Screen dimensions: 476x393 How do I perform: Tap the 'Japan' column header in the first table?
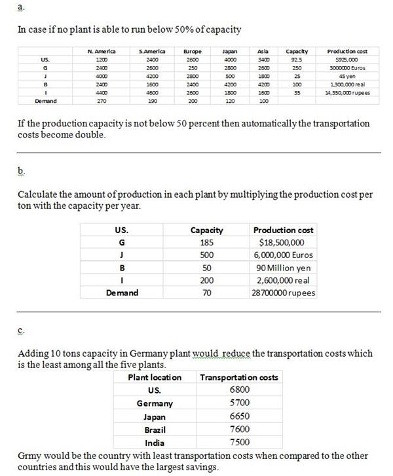pyautogui.click(x=229, y=50)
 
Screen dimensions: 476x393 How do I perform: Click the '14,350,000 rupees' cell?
pyautogui.click(x=347, y=92)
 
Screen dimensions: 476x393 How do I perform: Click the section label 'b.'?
pyautogui.click(x=22, y=172)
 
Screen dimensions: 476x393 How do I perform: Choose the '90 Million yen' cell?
pyautogui.click(x=283, y=267)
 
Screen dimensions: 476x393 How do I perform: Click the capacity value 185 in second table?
pyautogui.click(x=206, y=242)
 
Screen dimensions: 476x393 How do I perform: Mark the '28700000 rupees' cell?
pyautogui.click(x=284, y=293)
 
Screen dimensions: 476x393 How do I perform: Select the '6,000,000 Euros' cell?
pyautogui.click(x=283, y=255)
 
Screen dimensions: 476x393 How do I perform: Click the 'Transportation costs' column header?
pyautogui.click(x=238, y=377)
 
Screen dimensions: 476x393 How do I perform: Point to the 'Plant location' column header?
pyautogui.click(x=155, y=377)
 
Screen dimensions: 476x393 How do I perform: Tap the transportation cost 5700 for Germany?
pyautogui.click(x=240, y=403)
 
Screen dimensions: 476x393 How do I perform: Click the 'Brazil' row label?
pyautogui.click(x=155, y=429)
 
